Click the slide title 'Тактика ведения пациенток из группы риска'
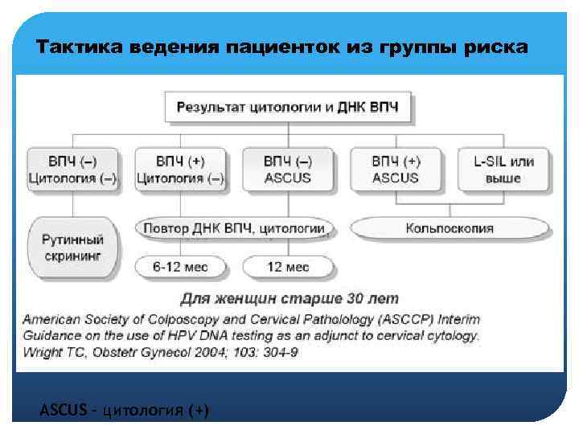coord(282,47)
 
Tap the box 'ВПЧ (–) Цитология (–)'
coord(73,169)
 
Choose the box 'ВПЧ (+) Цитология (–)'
coord(180,169)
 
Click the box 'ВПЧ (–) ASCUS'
coord(287,169)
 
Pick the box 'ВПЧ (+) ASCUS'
coord(395,169)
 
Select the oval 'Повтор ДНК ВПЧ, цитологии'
coord(234,228)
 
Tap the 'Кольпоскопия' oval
coord(450,228)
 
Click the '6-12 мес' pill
coord(180,267)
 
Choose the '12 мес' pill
coord(287,267)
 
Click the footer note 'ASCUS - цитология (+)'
coord(124,411)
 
